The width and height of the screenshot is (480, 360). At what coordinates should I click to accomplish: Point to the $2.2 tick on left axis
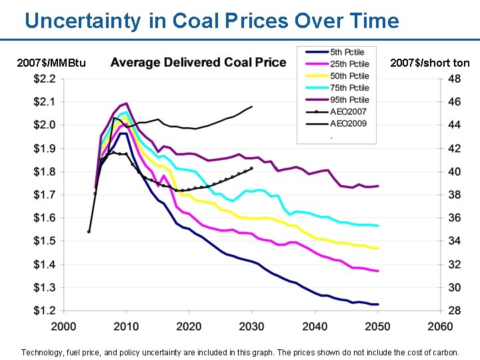(45, 79)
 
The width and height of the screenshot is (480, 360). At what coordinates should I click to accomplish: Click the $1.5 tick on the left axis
(45, 241)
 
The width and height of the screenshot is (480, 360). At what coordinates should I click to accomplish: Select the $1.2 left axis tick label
(45, 311)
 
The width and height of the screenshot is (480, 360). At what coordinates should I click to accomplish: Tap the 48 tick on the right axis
(454, 79)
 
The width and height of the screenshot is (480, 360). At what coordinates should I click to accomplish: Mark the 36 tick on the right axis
(454, 218)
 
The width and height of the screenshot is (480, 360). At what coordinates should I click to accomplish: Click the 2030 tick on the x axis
(252, 326)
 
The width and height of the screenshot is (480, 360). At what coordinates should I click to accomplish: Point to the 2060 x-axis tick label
(440, 326)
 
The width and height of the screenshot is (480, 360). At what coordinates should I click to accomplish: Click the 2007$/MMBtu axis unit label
(51, 63)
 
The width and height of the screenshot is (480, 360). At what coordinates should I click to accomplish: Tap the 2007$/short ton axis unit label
(430, 63)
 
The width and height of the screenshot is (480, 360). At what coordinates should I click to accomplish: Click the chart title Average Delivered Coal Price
(198, 63)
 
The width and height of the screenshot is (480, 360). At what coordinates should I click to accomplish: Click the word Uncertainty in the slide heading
(83, 21)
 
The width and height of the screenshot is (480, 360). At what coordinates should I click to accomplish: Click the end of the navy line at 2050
(377, 305)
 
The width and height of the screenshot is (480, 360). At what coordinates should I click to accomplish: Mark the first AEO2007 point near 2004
(89, 232)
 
